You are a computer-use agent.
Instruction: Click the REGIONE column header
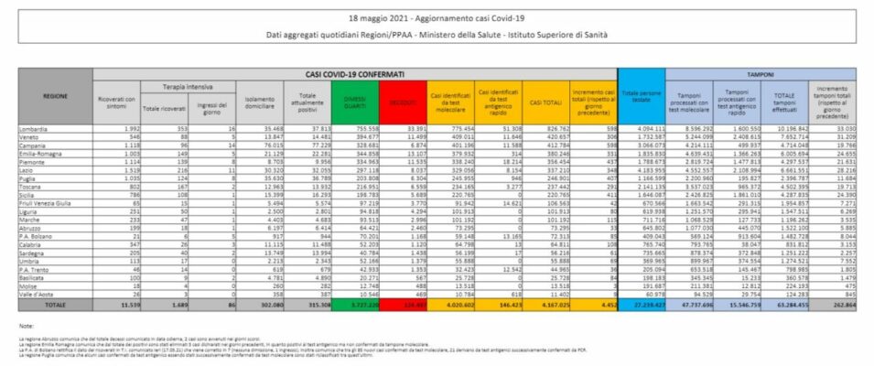[x=54, y=94]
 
